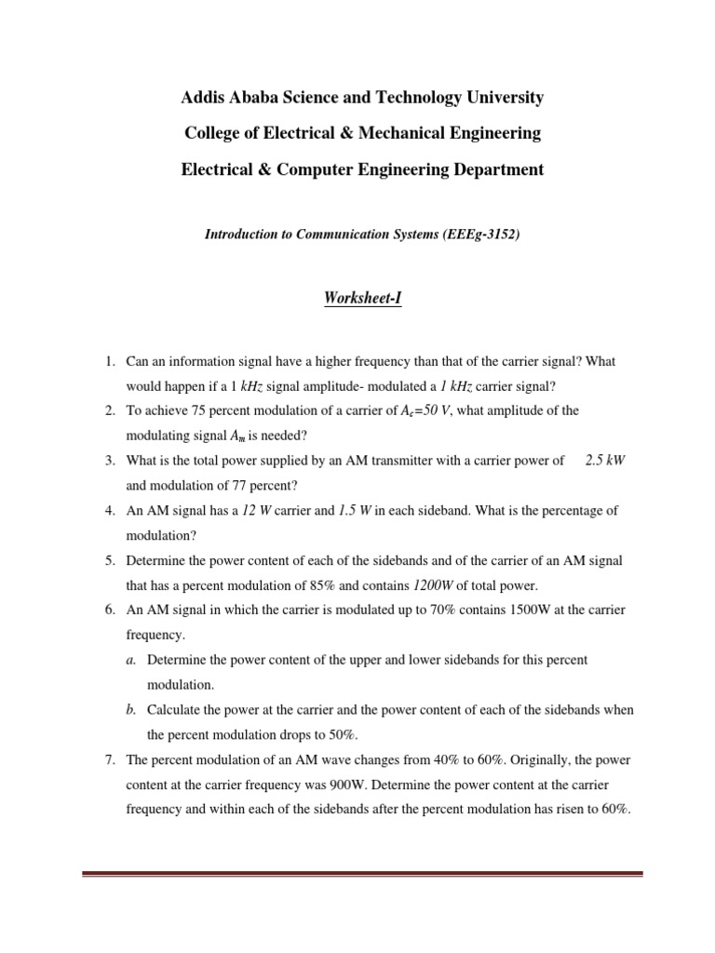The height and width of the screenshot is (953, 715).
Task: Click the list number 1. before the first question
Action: point(109,360)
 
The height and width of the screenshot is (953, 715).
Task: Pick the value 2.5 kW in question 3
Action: point(605,461)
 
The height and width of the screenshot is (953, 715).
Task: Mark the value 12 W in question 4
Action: point(263,511)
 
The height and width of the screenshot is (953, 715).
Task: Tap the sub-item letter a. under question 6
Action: point(131,659)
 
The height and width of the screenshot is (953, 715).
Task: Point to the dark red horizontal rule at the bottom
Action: point(362,874)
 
